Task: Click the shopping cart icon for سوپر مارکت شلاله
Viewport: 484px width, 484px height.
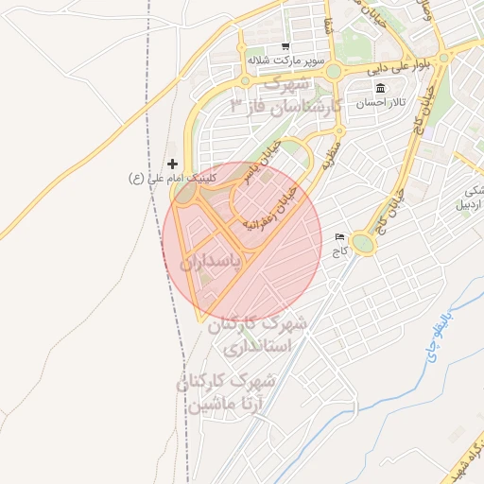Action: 285,46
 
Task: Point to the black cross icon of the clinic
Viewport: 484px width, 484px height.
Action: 172,164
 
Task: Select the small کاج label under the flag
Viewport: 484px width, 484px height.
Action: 339,251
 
